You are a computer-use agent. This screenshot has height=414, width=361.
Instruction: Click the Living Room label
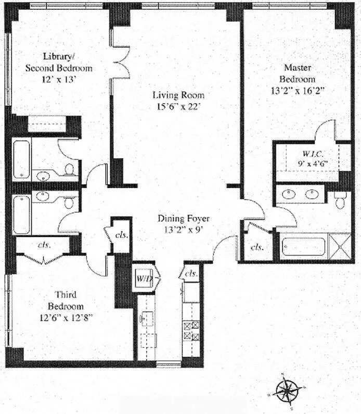point(178,95)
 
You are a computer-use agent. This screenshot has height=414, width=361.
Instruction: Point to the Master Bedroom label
point(298,73)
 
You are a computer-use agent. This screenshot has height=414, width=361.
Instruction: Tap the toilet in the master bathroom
point(341,200)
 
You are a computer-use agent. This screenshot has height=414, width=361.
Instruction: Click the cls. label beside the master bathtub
point(256,248)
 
